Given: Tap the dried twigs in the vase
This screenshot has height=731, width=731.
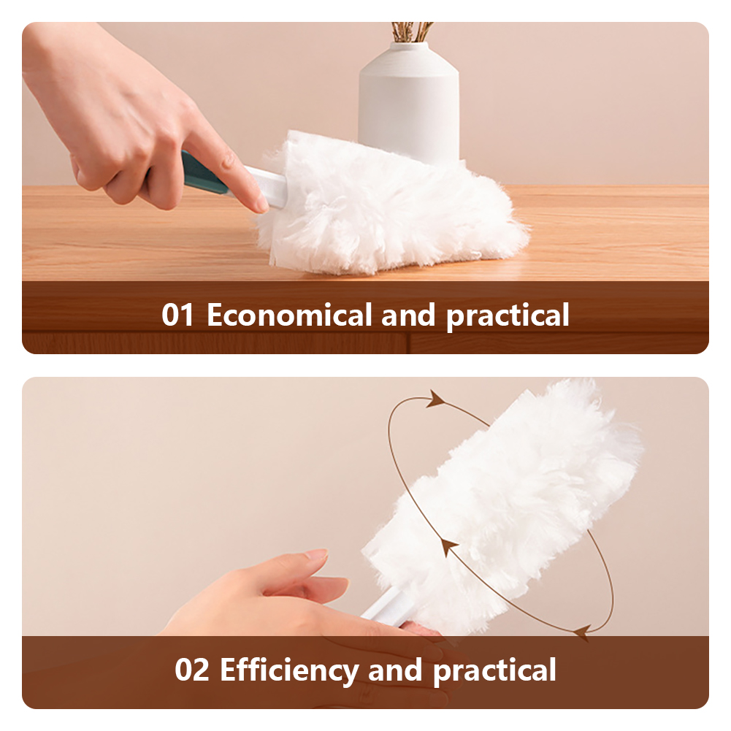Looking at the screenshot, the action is pos(412,31).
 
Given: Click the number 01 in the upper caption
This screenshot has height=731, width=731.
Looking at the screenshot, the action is pos(177,315).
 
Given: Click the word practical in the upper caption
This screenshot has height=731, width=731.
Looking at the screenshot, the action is pos(508,316).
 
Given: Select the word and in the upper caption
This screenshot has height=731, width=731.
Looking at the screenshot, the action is pos(408,315).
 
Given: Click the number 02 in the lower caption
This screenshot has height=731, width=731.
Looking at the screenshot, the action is pos(191,670).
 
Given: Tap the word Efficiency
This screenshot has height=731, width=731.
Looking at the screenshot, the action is pos(289,670).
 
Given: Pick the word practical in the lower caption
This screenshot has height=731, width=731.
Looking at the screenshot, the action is pos(494,671).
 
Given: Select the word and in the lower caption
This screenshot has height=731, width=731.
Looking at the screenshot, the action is pos(395,670).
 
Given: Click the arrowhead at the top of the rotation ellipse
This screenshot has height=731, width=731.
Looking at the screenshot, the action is pos(435,399).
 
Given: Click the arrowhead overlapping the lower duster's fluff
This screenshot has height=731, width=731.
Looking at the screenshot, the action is pos(448,546).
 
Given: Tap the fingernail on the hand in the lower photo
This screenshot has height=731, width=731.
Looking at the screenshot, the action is pos(316,554).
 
